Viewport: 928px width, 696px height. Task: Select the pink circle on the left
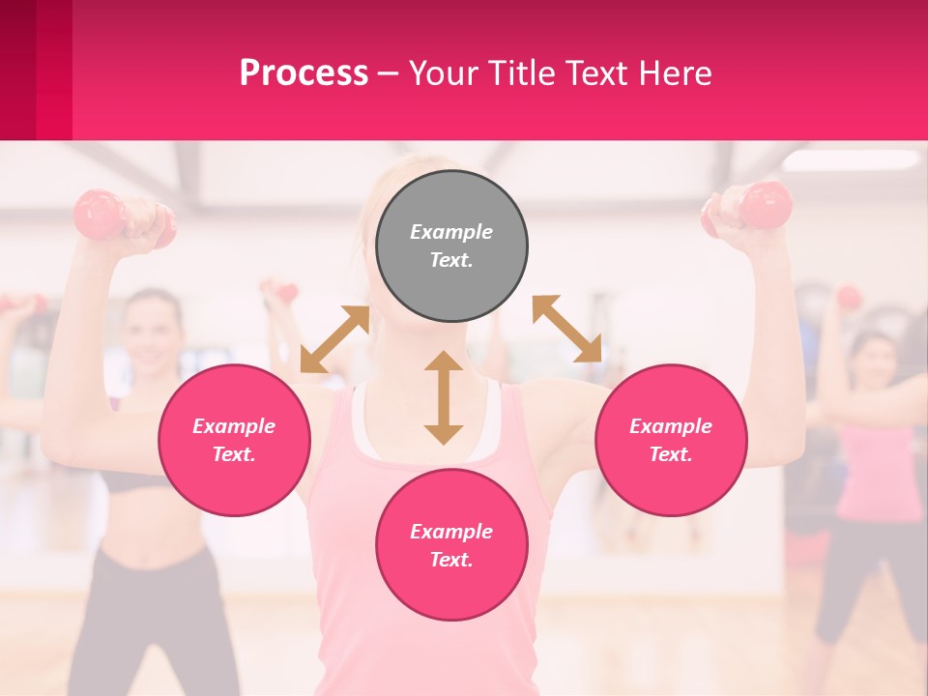(x=234, y=440)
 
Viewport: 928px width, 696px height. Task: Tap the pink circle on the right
(x=671, y=440)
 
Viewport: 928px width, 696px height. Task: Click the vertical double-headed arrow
(x=444, y=397)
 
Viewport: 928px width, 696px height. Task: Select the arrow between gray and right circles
(x=567, y=329)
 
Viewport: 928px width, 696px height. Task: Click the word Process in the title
(x=304, y=72)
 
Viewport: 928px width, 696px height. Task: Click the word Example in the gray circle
(x=451, y=232)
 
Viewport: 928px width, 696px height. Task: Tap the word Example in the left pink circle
(x=234, y=426)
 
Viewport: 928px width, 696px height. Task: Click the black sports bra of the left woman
(x=135, y=480)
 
